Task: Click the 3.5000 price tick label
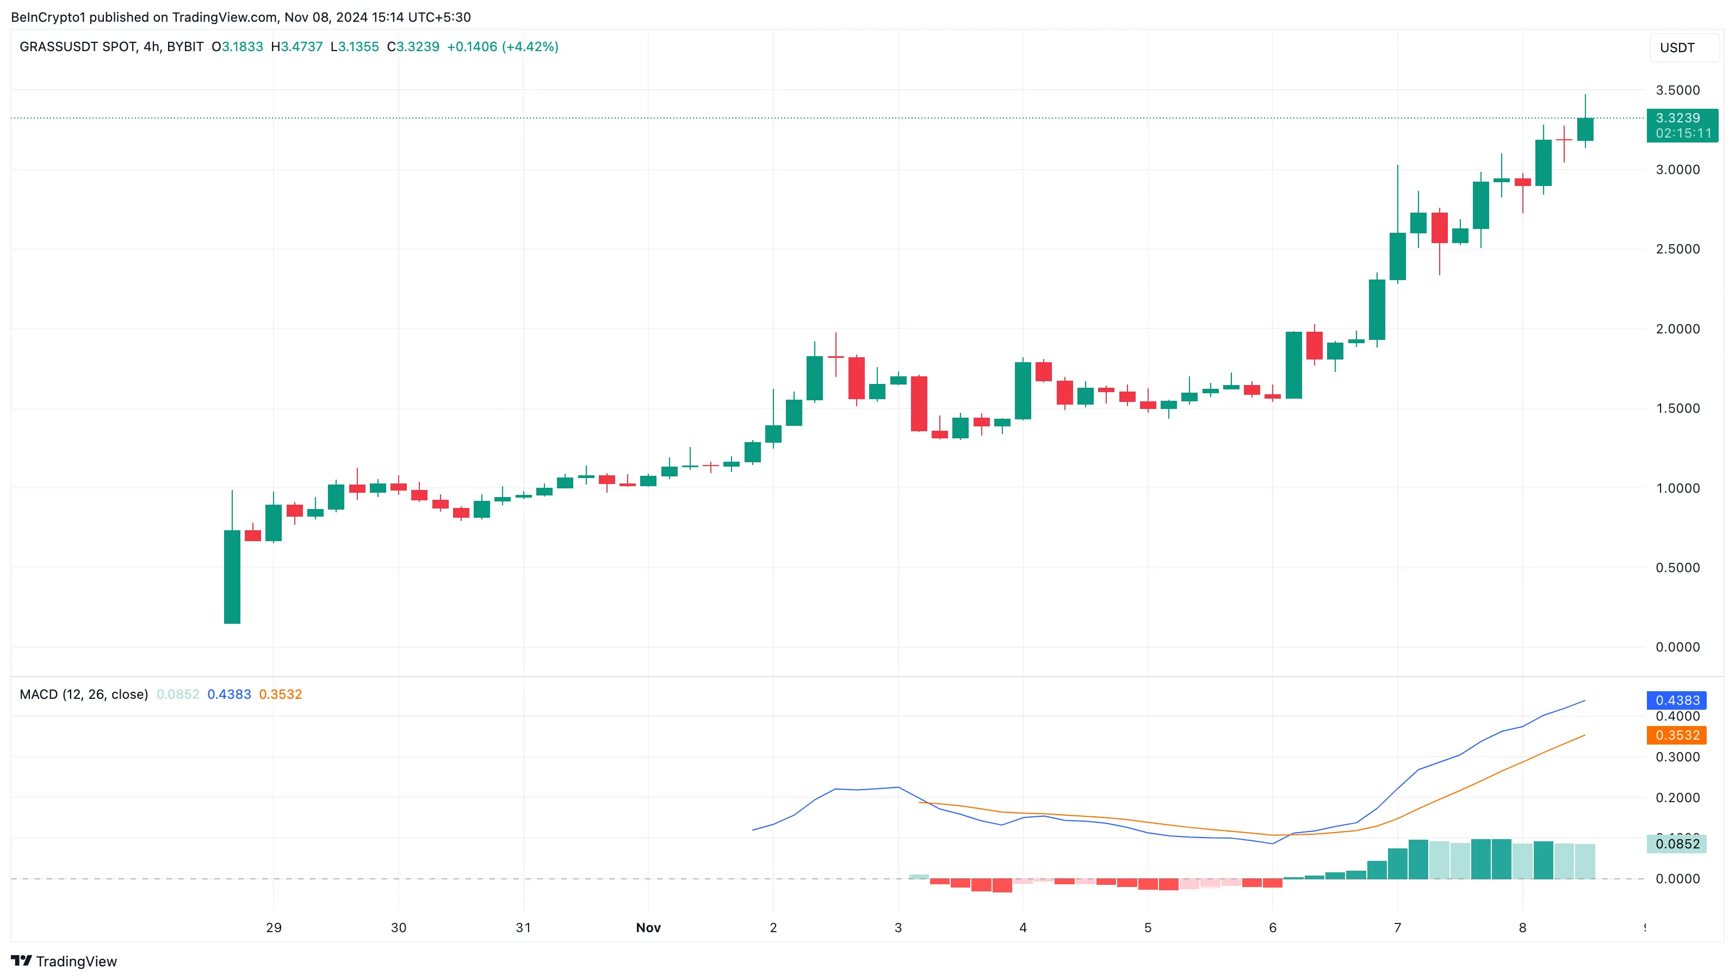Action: click(1677, 90)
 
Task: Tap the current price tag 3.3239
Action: click(1681, 119)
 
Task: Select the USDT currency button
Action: click(1677, 48)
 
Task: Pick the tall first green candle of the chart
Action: click(232, 576)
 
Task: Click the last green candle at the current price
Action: click(1585, 129)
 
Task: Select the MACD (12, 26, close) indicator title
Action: click(84, 694)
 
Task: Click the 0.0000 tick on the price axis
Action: click(1677, 647)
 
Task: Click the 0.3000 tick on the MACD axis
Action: click(1677, 757)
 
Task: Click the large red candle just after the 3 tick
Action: click(919, 404)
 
